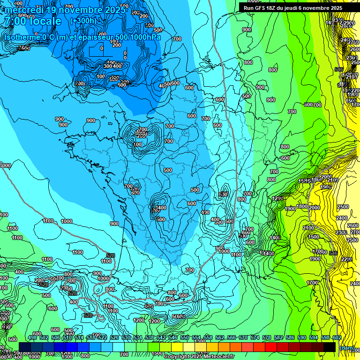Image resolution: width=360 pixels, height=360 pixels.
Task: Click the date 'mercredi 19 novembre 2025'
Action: click(x=66, y=10)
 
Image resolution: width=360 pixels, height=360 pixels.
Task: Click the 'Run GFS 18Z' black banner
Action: click(x=292, y=8)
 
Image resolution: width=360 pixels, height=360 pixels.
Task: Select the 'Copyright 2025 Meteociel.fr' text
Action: click(x=199, y=356)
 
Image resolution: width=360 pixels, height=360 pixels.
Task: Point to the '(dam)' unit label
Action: click(x=346, y=348)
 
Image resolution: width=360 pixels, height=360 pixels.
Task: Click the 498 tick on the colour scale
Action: click(x=32, y=337)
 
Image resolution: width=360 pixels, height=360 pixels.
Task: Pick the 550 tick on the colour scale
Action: click(x=184, y=337)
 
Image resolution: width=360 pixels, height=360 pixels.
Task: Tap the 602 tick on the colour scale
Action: click(x=337, y=337)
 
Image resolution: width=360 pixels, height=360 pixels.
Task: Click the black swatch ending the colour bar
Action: click(x=329, y=347)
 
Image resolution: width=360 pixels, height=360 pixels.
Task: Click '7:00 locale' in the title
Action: click(x=33, y=22)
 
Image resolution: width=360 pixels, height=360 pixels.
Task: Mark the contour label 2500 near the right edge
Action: click(x=343, y=207)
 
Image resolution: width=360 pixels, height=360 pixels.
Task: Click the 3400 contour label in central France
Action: click(x=160, y=207)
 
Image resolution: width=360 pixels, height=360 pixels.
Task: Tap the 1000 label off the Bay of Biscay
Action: click(x=67, y=221)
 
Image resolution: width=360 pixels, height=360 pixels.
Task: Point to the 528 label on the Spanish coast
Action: click(x=111, y=255)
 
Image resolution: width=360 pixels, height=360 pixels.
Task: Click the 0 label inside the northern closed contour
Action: click(x=102, y=48)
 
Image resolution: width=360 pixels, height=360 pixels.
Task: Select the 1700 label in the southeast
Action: click(x=312, y=283)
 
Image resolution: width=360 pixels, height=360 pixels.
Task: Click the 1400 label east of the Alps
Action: click(x=275, y=238)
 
